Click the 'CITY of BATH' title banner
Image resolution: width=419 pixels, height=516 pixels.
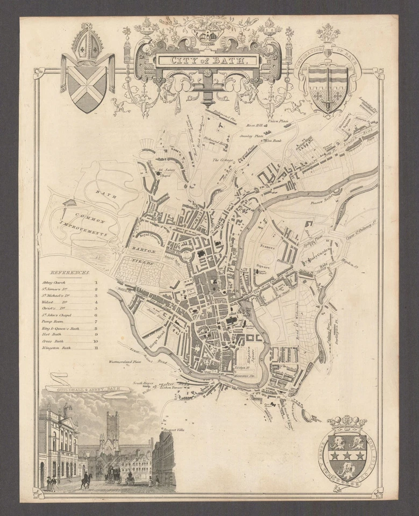click(x=207, y=60)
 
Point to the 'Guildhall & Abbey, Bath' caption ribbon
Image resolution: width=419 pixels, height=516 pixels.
click(x=87, y=388)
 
